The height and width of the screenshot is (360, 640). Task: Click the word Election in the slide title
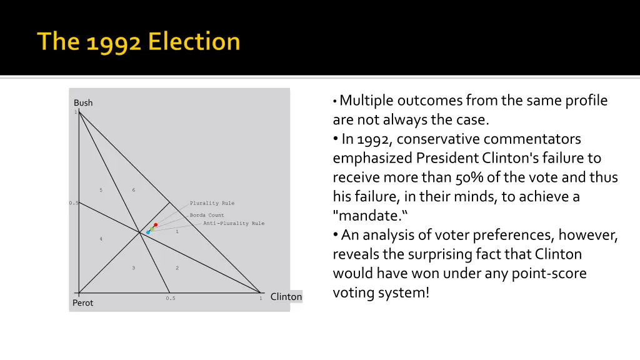point(195,42)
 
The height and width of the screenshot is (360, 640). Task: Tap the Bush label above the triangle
point(83,102)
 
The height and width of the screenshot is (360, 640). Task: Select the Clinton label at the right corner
point(286,297)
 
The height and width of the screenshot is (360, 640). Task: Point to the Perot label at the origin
point(82,303)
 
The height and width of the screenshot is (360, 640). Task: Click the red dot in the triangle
point(156,224)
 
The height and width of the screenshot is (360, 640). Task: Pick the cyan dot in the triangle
point(148,232)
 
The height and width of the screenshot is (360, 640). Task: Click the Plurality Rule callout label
point(212,203)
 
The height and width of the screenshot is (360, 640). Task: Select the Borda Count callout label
point(207,215)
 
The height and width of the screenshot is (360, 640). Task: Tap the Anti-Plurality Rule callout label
point(234,223)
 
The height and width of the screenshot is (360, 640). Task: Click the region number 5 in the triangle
point(101,190)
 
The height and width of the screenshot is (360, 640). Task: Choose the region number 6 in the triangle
point(133,190)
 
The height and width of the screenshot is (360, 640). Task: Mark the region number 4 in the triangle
point(101,239)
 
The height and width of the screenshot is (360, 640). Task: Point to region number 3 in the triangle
point(133,268)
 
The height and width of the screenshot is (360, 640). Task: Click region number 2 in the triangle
point(177,268)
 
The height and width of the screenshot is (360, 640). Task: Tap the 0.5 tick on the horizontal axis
point(171,299)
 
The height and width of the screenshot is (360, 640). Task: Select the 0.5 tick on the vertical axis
point(73,203)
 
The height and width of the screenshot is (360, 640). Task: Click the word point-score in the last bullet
point(551,274)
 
